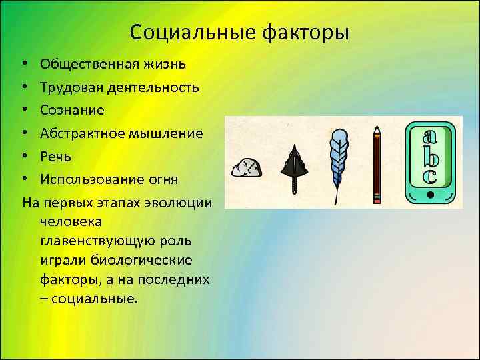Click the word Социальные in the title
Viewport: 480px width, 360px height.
pyautogui.click(x=185, y=32)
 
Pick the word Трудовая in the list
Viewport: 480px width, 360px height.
pyautogui.click(x=69, y=87)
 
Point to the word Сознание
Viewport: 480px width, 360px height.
pyautogui.click(x=71, y=110)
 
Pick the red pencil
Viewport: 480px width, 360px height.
pyautogui.click(x=377, y=163)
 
